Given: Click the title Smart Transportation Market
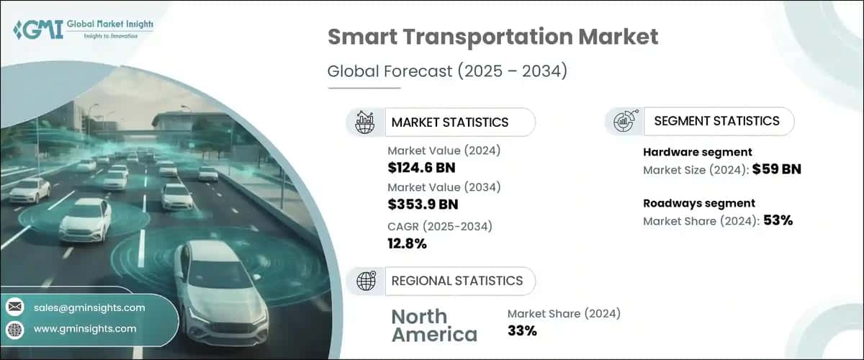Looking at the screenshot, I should coord(493,37).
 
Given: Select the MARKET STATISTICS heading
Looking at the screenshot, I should coord(449,122).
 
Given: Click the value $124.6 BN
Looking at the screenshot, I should coord(420,168).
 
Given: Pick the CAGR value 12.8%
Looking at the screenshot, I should coord(407,243).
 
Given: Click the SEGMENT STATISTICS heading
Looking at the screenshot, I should coord(716,121).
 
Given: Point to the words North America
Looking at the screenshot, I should coord(433,325).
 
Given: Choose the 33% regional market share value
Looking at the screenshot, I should coord(522,331).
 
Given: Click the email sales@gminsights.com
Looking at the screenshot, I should coord(89,307).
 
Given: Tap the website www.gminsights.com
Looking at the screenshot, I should coord(84,328).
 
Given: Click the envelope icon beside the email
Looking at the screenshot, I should coord(14,307).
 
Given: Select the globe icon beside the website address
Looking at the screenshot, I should coord(14,329).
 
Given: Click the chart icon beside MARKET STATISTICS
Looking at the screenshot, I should coord(364,122).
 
